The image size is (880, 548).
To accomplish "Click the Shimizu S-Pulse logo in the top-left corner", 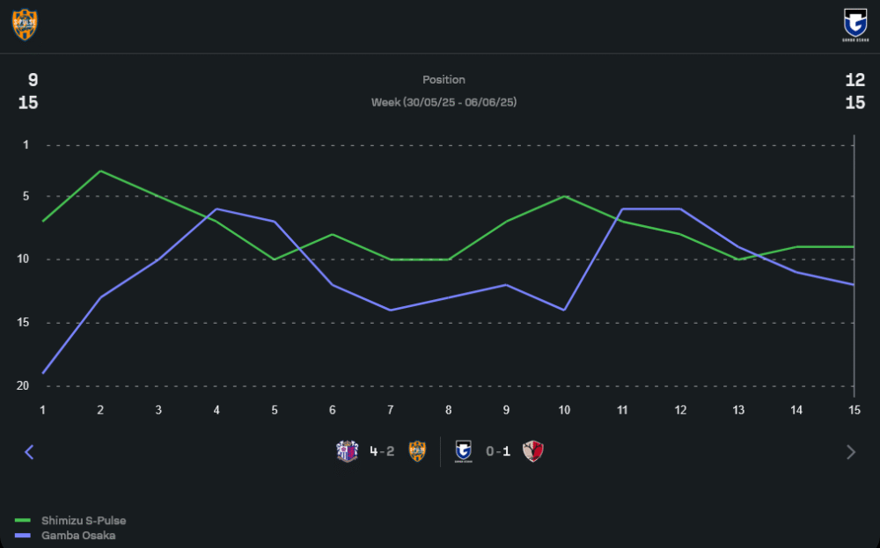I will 25,24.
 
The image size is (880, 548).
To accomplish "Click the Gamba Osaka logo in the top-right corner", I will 854,24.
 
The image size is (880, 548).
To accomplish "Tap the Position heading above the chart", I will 444,80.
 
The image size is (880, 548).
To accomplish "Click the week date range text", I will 444,102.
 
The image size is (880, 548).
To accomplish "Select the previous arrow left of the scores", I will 29,452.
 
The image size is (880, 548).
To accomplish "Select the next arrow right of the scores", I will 850,452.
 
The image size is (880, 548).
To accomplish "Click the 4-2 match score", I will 382,452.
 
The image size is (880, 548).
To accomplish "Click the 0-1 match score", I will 498,452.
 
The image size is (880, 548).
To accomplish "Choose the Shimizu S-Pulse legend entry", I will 84,521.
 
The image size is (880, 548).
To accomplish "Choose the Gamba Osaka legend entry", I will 78,535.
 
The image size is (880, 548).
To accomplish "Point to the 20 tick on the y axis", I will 23,386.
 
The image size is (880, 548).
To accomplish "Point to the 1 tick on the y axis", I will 26,144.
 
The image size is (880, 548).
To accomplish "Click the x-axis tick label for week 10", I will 564,410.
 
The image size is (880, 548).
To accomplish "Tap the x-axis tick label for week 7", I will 390,410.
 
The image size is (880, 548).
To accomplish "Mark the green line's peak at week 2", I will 100,171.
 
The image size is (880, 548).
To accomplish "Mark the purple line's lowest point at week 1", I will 42,373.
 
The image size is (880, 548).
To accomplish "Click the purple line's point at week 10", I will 564,310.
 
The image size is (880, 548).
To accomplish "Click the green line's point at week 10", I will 564,196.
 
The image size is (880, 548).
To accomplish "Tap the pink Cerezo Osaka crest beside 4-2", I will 348,452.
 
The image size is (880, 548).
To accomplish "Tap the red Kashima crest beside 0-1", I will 533,452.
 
